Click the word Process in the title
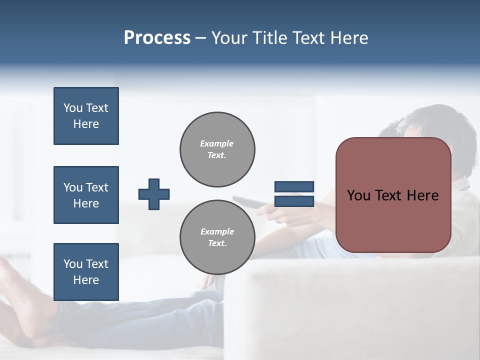[x=157, y=38]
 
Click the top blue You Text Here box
[x=86, y=116]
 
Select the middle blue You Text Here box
[x=86, y=195]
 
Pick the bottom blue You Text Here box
[x=86, y=272]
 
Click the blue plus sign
[x=154, y=194]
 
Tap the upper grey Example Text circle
[x=217, y=149]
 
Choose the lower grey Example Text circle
[x=217, y=237]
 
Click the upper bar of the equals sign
[x=294, y=187]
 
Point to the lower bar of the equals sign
[x=294, y=201]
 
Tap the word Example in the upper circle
[x=217, y=143]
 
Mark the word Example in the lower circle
[x=217, y=231]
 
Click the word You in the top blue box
[x=72, y=108]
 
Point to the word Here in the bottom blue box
[x=86, y=280]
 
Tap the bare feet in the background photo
[x=20, y=300]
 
